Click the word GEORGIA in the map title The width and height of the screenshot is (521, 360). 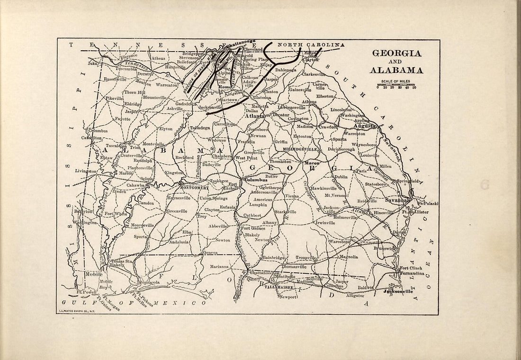pyautogui.click(x=397, y=53)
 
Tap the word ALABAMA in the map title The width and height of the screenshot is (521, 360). pyautogui.click(x=397, y=70)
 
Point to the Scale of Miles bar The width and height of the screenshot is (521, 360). pyautogui.click(x=396, y=85)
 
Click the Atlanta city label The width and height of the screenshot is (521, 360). pyautogui.click(x=254, y=116)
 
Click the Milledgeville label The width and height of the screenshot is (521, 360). pyautogui.click(x=300, y=149)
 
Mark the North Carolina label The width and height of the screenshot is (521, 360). pyautogui.click(x=310, y=45)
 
